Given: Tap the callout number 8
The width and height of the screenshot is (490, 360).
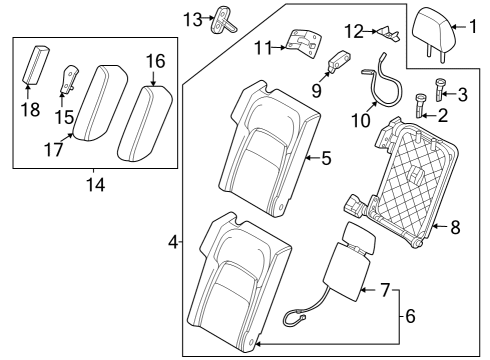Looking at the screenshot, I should pyautogui.click(x=455, y=228).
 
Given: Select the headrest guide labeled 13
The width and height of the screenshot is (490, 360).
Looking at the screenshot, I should pyautogui.click(x=220, y=20).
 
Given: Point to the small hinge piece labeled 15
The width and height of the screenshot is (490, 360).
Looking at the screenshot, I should pyautogui.click(x=71, y=79).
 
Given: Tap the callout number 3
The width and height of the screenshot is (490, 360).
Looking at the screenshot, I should pyautogui.click(x=462, y=95).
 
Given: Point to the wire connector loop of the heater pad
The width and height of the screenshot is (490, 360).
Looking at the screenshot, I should pyautogui.click(x=294, y=318).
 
